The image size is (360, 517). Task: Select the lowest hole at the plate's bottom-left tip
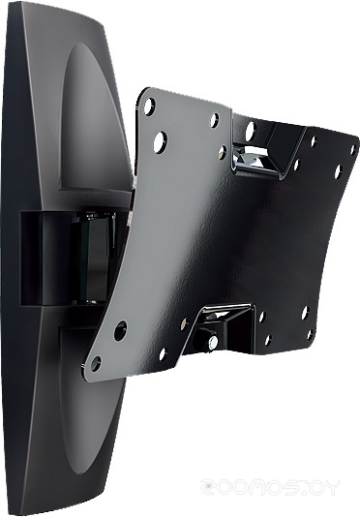95,364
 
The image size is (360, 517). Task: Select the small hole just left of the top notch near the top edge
214,121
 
